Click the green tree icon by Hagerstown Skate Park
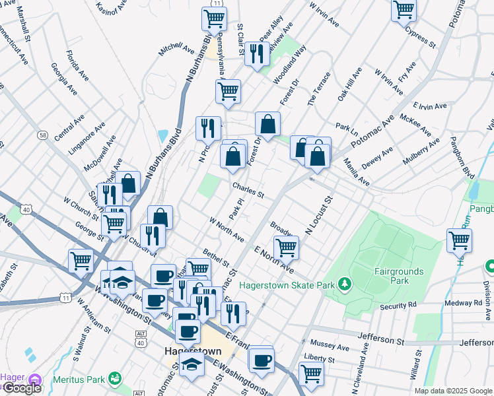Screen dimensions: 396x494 pos(343,284)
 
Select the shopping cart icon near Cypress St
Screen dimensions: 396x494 pos(404,11)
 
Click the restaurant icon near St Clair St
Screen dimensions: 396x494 pos(257,53)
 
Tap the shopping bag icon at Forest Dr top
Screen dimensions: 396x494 pos(267,123)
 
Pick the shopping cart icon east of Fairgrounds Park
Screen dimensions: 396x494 pos(459,240)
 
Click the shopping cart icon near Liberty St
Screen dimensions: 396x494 pos(310,373)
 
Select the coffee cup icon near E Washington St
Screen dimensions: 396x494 pos(262,360)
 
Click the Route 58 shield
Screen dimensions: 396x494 pos(42,135)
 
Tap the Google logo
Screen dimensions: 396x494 pos(21,388)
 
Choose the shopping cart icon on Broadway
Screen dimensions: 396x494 pos(285,247)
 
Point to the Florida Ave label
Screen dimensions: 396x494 pos(77,65)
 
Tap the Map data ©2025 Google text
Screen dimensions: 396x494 pos(453,391)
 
